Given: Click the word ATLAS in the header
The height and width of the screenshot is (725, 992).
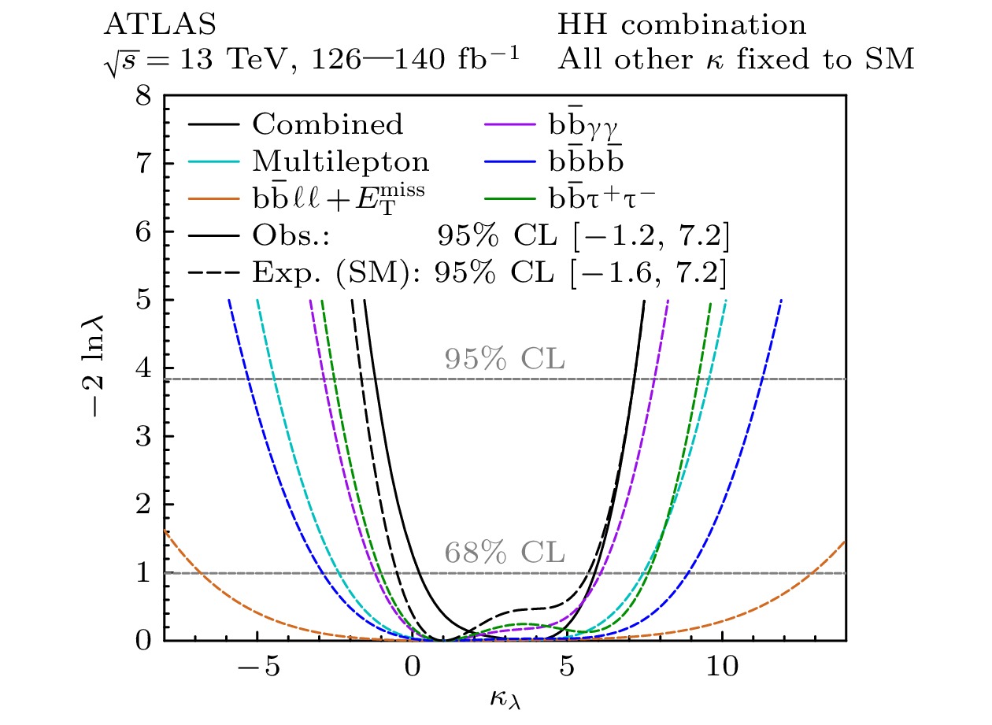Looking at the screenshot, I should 159,26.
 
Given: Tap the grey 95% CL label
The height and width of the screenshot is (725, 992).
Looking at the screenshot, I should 505,359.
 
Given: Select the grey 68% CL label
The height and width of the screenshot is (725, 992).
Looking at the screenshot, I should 505,553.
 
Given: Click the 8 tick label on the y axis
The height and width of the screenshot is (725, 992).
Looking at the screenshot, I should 144,97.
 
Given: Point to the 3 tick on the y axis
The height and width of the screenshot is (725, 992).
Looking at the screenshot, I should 144,437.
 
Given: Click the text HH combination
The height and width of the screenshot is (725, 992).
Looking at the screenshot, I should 682,26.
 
